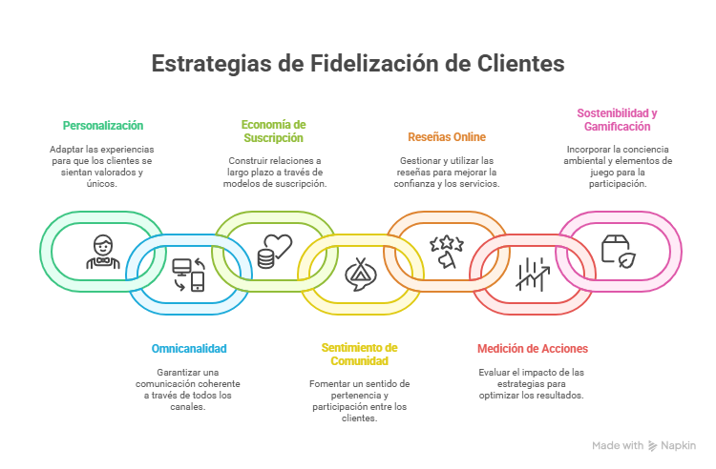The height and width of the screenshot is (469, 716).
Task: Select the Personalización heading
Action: (x=102, y=126)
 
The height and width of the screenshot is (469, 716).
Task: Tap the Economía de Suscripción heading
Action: (x=273, y=132)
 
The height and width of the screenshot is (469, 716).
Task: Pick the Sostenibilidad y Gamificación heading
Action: (x=618, y=119)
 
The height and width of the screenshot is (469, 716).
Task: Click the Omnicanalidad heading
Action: (x=189, y=348)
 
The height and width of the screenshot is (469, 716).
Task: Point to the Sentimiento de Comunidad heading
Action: (x=359, y=354)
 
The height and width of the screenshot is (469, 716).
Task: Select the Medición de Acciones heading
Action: (x=532, y=348)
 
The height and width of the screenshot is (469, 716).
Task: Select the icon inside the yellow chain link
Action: (x=359, y=275)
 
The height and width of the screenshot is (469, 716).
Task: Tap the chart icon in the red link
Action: (x=532, y=275)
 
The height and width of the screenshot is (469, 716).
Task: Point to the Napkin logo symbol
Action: (x=653, y=445)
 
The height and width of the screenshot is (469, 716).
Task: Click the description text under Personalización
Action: (x=102, y=166)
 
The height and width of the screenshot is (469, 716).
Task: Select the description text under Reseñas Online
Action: (x=447, y=172)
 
